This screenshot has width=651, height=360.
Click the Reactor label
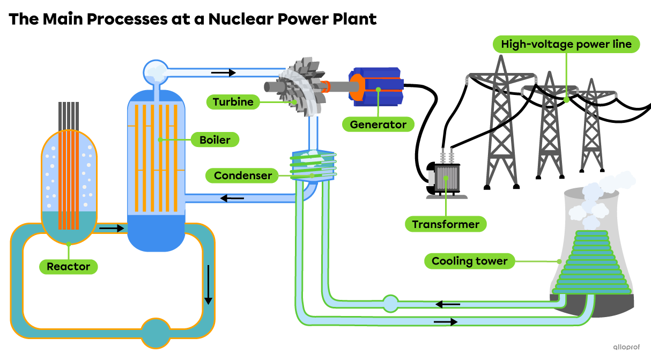pyautogui.click(x=69, y=267)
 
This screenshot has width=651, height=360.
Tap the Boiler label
pyautogui.click(x=214, y=140)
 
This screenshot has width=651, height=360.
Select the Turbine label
pyautogui.click(x=233, y=102)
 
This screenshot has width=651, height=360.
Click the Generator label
pyautogui.click(x=378, y=124)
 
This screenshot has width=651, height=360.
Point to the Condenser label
pyautogui.click(x=242, y=175)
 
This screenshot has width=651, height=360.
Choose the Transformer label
pyautogui.click(x=446, y=224)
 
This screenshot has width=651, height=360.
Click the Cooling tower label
pyautogui.click(x=469, y=261)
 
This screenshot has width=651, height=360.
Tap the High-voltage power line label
pyautogui.click(x=566, y=44)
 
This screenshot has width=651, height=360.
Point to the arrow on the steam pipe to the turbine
pyautogui.click(x=223, y=72)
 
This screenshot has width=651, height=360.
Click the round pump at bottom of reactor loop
pyautogui.click(x=154, y=333)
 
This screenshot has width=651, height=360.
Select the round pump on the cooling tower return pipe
pyautogui.click(x=390, y=304)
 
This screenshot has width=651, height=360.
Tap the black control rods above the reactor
pyautogui.click(x=69, y=115)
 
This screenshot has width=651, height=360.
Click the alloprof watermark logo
pyautogui.click(x=626, y=347)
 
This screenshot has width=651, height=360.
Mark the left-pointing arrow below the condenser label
pyautogui.click(x=232, y=199)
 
